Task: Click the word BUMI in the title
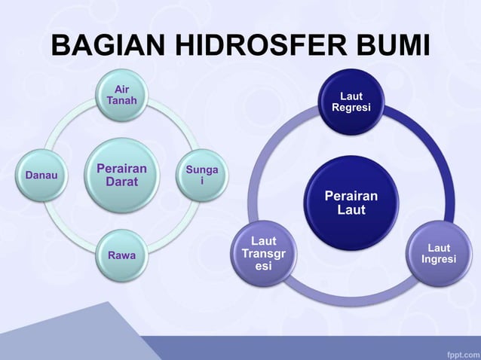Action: [392, 47]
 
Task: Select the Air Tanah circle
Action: [121, 96]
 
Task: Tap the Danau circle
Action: [43, 175]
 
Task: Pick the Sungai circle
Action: [200, 175]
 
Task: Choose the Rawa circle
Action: [121, 255]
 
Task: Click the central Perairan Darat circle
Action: [121, 175]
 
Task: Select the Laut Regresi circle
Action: [351, 103]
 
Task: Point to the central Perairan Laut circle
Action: [351, 203]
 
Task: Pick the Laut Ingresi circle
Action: [438, 254]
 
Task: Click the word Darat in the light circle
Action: [121, 183]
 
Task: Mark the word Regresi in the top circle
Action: [351, 109]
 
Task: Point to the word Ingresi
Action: [439, 260]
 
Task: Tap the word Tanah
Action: [121, 102]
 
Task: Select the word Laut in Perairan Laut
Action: [351, 210]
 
